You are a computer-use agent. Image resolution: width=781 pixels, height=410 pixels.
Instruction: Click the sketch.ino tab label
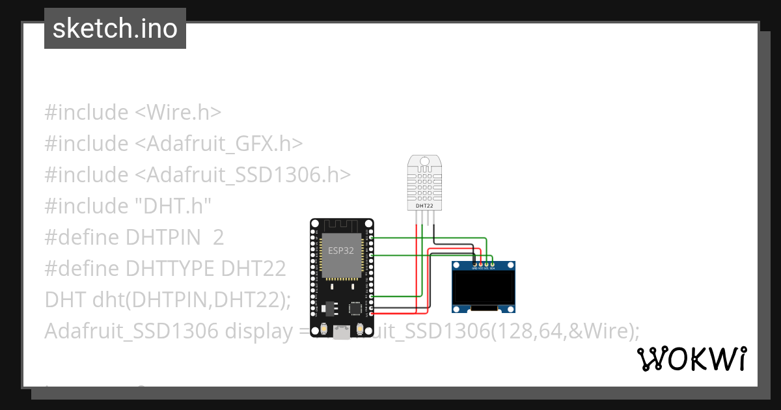tap(115, 29)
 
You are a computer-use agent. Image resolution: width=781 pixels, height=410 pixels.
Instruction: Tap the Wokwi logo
tap(691, 359)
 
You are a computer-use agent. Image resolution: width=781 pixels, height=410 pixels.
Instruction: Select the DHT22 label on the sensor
tap(424, 206)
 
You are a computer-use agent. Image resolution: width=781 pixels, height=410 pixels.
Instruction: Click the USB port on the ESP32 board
tap(341, 333)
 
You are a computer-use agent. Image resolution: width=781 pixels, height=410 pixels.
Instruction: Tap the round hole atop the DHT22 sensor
tap(424, 160)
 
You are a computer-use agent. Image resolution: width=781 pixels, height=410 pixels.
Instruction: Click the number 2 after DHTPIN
tap(219, 238)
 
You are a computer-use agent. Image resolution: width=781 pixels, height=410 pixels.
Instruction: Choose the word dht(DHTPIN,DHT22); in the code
tap(191, 300)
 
